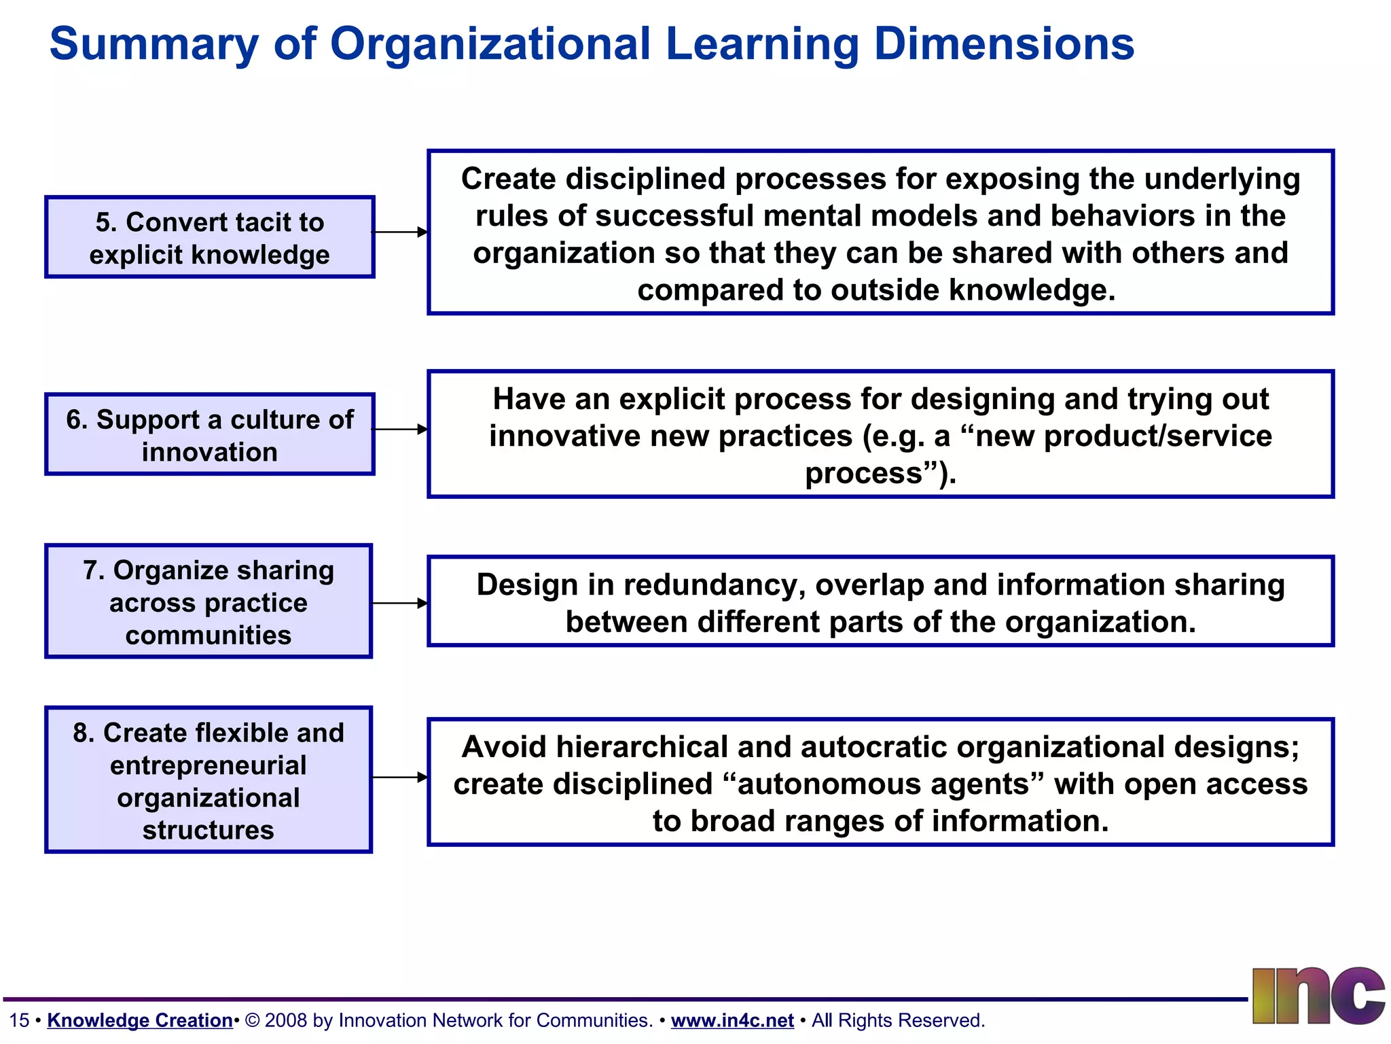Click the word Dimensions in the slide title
[1004, 44]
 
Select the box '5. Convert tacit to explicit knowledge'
[209, 237]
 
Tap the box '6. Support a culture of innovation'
[209, 434]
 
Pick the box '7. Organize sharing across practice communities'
[209, 602]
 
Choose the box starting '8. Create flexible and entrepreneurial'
[209, 780]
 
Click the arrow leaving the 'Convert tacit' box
[400, 232]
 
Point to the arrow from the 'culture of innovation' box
[400, 430]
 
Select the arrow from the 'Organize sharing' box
[400, 603]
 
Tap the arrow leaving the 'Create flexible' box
[400, 777]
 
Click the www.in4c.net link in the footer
[732, 1020]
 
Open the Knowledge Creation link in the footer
[140, 1020]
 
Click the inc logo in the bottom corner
[1318, 996]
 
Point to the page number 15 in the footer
[19, 1020]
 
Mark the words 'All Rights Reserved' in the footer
[898, 1020]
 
